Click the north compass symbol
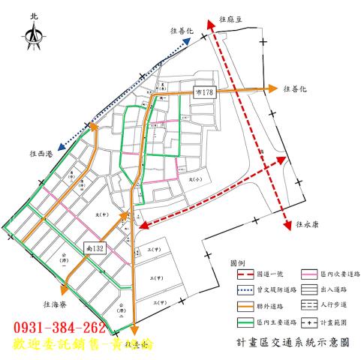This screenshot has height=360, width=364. coord(34,34)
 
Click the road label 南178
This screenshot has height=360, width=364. coord(205,92)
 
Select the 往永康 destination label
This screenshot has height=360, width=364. coord(309,223)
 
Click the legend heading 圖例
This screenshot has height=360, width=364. coord(238,262)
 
